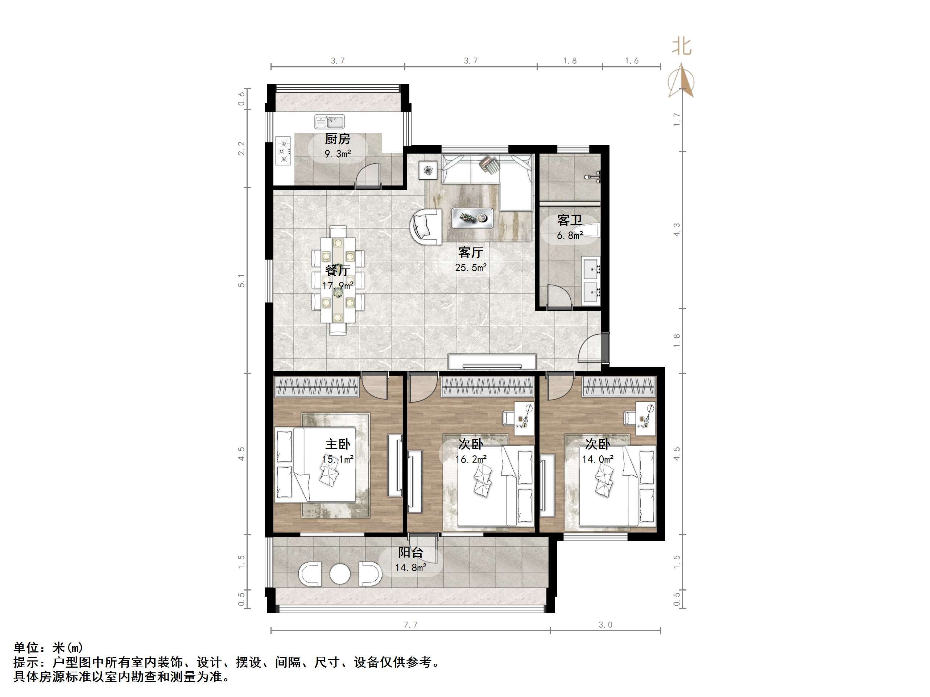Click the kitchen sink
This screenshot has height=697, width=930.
[x=329, y=122]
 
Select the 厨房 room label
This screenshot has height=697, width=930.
[x=338, y=139]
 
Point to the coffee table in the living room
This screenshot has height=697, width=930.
[x=472, y=218]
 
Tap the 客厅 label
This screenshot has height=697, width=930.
[x=471, y=252]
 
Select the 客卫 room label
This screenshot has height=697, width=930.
[x=570, y=220]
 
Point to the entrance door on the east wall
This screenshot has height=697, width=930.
[x=593, y=347]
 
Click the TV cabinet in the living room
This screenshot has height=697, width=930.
[x=492, y=362]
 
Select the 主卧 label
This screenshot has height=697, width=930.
[x=338, y=444]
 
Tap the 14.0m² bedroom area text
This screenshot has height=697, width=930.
[x=598, y=459]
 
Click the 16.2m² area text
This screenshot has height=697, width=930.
[x=471, y=459]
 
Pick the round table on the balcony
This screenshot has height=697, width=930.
[x=340, y=573]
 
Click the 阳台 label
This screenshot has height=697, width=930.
[x=411, y=552]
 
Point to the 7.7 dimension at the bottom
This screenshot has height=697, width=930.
[x=411, y=625]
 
